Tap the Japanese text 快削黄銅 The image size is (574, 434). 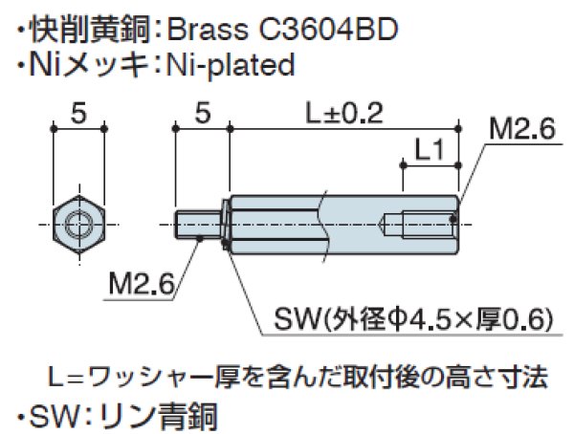coord(85,30)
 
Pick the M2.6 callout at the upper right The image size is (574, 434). coord(522,130)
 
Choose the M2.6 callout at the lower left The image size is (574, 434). coord(140,284)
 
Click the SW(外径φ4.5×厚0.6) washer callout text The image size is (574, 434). coord(411,318)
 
